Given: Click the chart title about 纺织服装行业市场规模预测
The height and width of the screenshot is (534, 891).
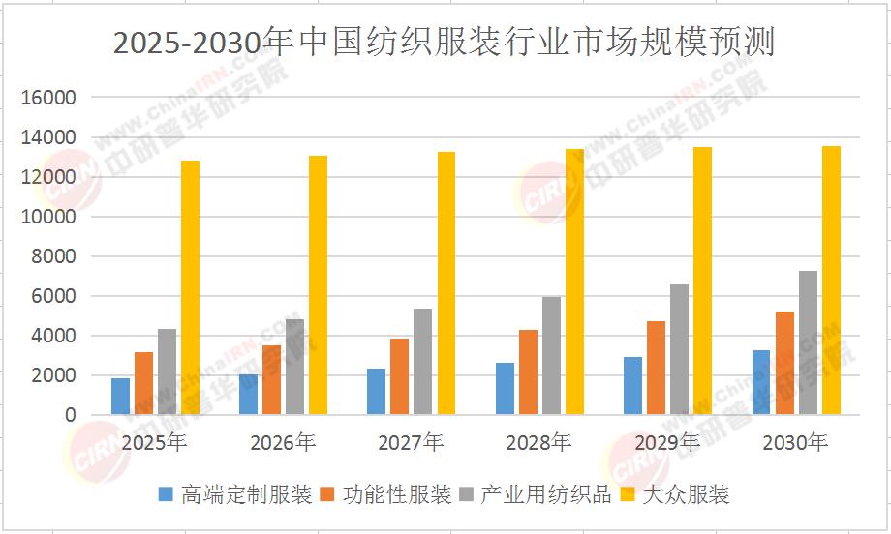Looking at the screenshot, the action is [x=445, y=42].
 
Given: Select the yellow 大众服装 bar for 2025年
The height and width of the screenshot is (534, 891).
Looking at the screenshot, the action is [x=191, y=287].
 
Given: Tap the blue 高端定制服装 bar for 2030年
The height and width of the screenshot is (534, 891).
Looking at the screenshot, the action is [x=761, y=382].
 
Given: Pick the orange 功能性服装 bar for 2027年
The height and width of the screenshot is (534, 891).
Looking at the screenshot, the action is [x=399, y=376].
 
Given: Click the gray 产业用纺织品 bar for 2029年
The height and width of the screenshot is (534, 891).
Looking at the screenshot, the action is [x=680, y=349].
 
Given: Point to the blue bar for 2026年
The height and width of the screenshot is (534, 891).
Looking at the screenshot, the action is [x=248, y=395].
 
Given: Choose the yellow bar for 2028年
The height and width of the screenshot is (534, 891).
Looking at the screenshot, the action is [x=574, y=282].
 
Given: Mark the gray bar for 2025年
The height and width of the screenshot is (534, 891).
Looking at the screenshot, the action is [x=167, y=371].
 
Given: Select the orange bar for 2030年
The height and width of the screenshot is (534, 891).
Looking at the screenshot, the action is [x=784, y=363].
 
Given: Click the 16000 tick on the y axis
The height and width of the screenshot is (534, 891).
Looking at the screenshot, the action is [x=48, y=98].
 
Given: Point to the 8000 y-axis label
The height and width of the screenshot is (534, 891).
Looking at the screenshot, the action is [x=53, y=256].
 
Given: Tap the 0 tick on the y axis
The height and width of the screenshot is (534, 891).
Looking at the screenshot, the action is [x=71, y=415].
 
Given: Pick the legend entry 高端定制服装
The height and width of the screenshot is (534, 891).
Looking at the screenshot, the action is [x=235, y=495].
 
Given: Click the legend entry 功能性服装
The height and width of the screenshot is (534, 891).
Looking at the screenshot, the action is [x=385, y=495].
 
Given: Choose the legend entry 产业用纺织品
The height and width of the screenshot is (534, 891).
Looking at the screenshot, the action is [x=536, y=495].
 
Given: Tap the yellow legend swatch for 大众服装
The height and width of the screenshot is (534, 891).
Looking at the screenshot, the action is [x=628, y=495].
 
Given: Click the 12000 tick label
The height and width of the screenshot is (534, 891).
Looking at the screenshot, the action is [x=48, y=177].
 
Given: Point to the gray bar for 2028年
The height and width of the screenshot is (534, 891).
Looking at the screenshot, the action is [x=551, y=355].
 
